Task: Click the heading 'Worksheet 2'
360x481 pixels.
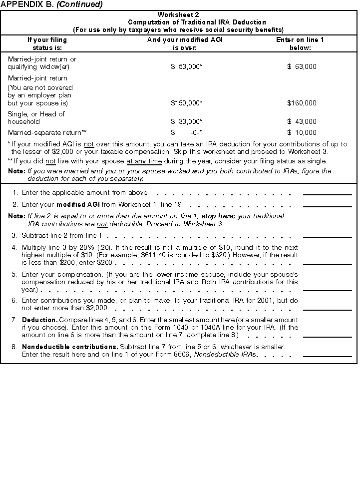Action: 178,15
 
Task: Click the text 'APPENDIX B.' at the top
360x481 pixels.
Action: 26,4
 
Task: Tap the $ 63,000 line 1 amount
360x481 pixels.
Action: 302,66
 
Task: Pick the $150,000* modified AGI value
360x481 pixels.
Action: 186,103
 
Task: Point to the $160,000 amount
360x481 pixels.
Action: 302,103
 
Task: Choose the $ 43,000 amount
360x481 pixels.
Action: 302,121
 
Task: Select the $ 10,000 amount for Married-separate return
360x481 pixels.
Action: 302,132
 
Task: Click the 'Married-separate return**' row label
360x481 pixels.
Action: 47,132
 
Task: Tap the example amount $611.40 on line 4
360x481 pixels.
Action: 216,255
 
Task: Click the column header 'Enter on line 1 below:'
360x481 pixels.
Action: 300,43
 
